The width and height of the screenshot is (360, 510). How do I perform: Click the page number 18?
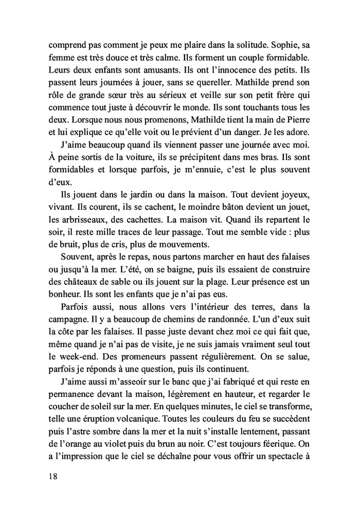pos(51,476)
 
